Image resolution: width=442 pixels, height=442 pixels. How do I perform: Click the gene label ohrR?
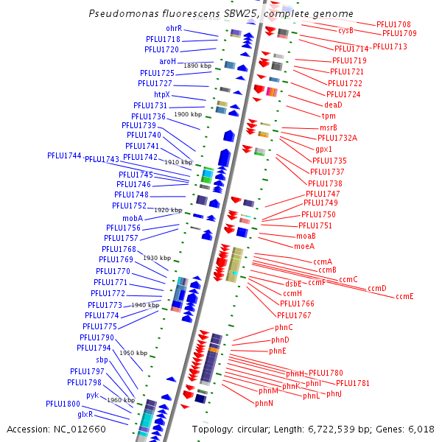click(174, 29)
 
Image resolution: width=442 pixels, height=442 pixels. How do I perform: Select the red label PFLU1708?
click(393, 25)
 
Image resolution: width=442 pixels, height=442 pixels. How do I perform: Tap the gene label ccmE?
click(404, 296)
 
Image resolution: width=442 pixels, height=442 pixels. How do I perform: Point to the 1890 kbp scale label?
click(197, 66)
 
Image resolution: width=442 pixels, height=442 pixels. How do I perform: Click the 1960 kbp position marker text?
click(121, 400)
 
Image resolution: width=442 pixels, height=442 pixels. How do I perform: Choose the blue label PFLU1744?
click(64, 155)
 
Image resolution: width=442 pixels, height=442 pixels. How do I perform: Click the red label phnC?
click(284, 327)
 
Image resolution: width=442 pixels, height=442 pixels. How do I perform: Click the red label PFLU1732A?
click(337, 138)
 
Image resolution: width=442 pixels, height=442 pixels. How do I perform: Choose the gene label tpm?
click(329, 116)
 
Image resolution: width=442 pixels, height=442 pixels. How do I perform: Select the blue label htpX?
click(162, 95)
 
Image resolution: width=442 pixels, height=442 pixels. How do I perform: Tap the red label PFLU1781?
click(353, 383)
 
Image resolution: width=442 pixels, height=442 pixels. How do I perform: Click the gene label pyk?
click(92, 395)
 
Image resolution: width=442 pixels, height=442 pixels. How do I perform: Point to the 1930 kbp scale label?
click(157, 258)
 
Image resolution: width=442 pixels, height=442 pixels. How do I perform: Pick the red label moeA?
click(304, 246)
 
